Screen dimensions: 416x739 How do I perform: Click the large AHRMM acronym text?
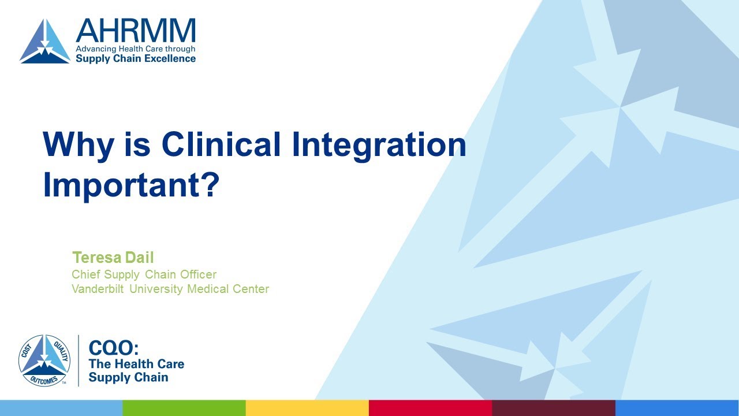136,30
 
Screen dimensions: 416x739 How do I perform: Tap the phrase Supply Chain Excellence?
136,58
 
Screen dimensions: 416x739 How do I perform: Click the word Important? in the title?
132,184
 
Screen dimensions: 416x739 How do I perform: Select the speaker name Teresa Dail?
113,257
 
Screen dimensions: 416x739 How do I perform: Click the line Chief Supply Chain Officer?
144,274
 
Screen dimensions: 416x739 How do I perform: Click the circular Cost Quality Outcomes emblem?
44,361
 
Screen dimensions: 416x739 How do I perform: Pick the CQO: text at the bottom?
113,348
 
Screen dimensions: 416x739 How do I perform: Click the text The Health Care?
136,364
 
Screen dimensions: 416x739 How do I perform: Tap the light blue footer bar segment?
61,408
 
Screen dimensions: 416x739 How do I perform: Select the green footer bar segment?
184,408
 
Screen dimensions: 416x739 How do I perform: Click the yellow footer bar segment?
307,408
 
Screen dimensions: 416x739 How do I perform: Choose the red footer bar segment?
430,408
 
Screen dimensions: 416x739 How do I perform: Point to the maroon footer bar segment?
553,408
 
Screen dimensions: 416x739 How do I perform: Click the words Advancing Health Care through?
136,49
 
